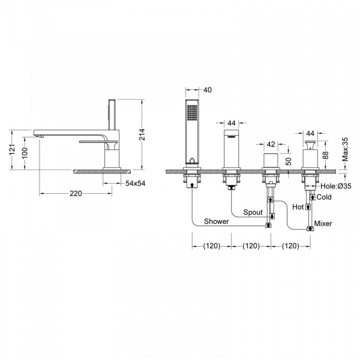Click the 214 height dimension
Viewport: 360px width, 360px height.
tap(143, 134)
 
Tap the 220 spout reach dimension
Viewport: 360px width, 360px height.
tap(76, 194)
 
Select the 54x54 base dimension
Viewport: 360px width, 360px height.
tap(135, 183)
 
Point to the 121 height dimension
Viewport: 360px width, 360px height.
tap(12, 149)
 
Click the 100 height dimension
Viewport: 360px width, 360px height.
tap(25, 153)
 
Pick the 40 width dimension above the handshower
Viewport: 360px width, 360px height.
tap(208, 90)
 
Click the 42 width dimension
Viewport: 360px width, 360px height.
tap(271, 144)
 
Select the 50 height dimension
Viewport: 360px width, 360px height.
tap(289, 161)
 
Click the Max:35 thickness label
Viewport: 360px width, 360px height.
tap(345, 149)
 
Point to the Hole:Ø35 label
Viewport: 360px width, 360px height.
tap(335, 186)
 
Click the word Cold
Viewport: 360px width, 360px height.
tap(324, 197)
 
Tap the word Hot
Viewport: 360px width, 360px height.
tap(298, 207)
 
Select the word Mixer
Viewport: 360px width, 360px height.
tap(323, 223)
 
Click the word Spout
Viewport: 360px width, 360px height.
tap(253, 212)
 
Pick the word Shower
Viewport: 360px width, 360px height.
tap(217, 221)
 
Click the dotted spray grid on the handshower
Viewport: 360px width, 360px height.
tap(192, 113)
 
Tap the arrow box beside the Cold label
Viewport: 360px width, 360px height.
tap(313, 197)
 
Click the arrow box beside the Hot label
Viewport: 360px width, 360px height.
tap(308, 207)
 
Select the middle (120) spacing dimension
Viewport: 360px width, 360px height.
tap(251, 246)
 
